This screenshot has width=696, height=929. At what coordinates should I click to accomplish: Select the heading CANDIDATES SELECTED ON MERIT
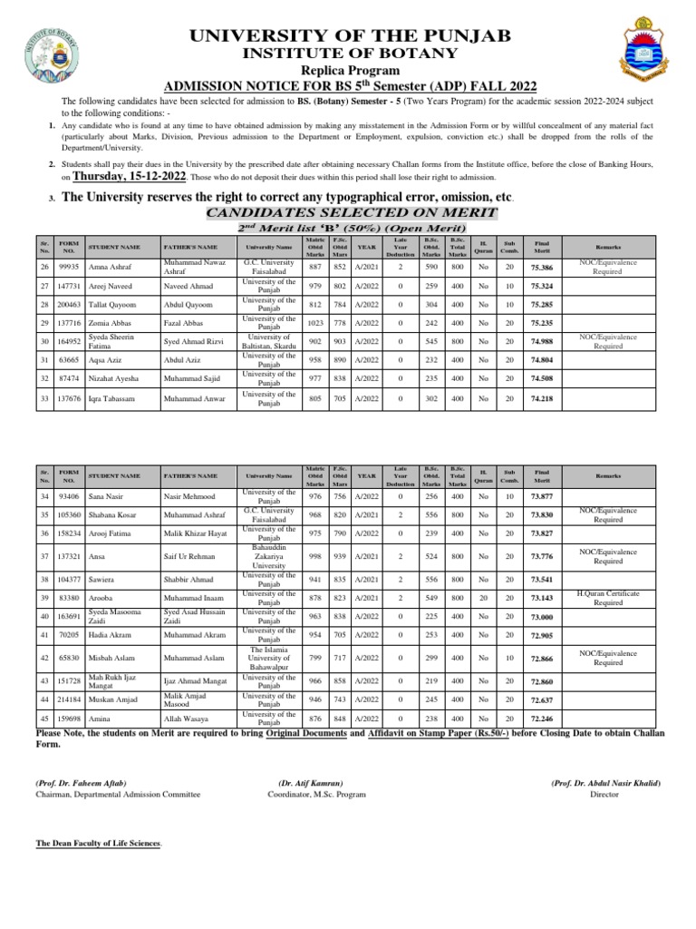click(353, 212)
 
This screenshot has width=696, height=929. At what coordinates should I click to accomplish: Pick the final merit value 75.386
click(542, 268)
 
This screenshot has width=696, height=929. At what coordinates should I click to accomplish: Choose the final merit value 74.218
click(542, 399)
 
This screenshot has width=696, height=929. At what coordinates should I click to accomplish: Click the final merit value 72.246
click(542, 719)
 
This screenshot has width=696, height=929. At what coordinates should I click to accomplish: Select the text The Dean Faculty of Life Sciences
click(99, 843)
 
